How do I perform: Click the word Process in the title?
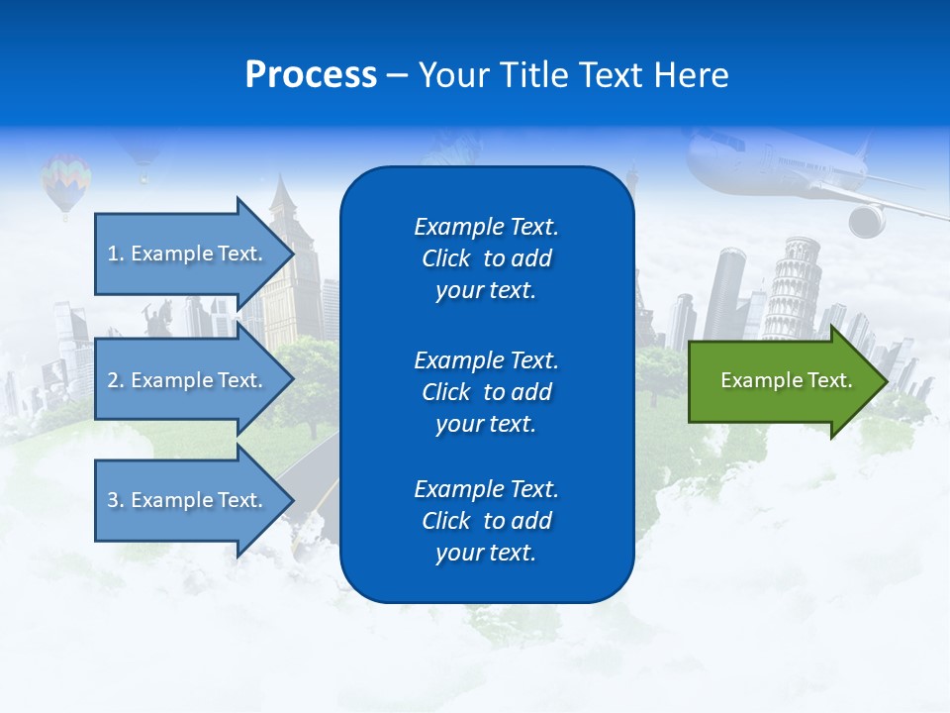tap(311, 75)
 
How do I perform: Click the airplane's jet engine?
tap(867, 220)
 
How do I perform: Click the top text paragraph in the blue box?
tap(486, 258)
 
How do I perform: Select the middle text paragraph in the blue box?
tap(486, 392)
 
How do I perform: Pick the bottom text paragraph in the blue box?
tap(486, 521)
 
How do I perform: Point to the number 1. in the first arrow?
tap(115, 254)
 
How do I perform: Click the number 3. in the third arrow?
tap(115, 500)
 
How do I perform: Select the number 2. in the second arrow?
tap(115, 380)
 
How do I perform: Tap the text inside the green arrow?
tap(786, 380)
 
